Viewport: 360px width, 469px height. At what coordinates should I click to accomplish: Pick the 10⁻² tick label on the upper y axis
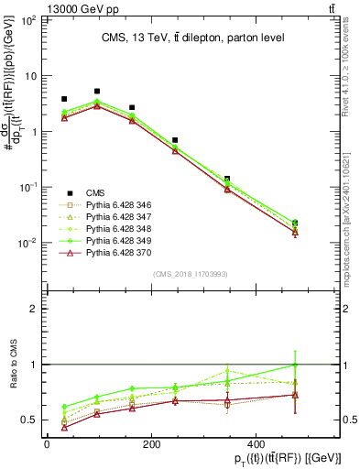(25, 243)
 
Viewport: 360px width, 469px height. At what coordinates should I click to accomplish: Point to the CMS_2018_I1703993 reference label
(191, 272)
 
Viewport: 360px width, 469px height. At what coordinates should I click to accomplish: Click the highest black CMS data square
(97, 92)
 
